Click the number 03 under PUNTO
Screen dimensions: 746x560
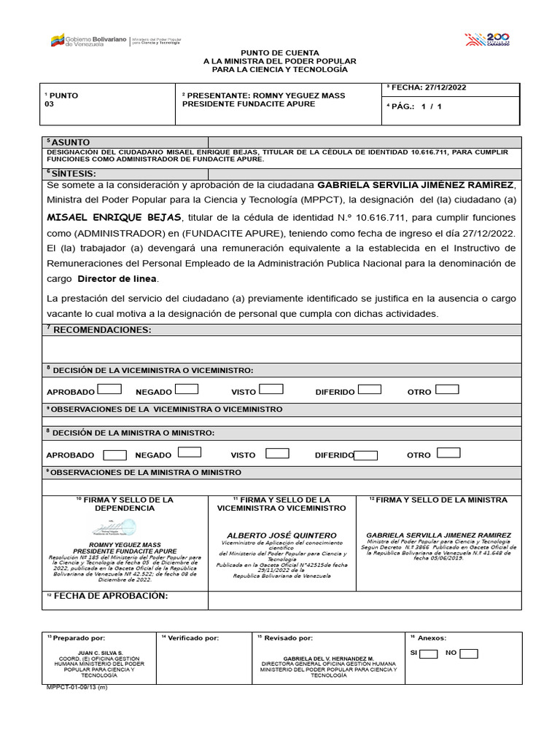click(x=50, y=104)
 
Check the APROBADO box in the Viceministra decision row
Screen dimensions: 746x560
click(x=109, y=389)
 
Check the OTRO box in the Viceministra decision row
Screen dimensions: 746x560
click(x=447, y=389)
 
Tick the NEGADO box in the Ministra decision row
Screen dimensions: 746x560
click(x=190, y=452)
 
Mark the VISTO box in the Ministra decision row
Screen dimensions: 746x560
click(x=277, y=453)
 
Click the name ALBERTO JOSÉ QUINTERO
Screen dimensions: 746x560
click(x=281, y=535)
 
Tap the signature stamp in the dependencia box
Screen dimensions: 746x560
click(x=114, y=528)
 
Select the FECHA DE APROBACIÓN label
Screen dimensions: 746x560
click(x=106, y=596)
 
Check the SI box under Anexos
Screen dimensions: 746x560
click(x=429, y=653)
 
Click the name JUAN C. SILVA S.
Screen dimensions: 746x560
click(x=100, y=653)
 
